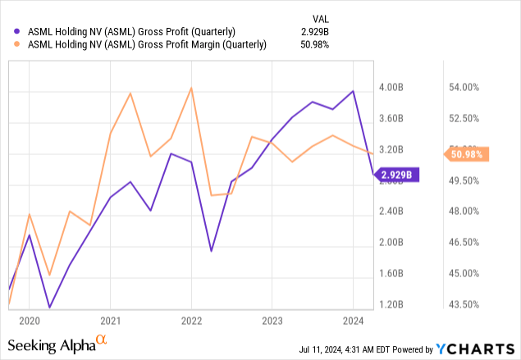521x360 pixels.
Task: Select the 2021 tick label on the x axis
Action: coord(111,321)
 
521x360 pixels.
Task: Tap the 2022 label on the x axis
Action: coord(191,321)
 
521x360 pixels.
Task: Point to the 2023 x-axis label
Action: coord(272,321)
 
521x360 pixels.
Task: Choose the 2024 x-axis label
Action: coord(353,321)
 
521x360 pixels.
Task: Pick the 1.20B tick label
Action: coord(395,305)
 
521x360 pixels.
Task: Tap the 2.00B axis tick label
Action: coord(395,243)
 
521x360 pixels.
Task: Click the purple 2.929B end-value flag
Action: coord(398,174)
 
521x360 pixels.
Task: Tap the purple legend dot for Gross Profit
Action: coord(8,31)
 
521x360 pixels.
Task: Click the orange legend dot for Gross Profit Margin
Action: coord(8,45)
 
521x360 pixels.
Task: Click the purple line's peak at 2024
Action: coord(353,91)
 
